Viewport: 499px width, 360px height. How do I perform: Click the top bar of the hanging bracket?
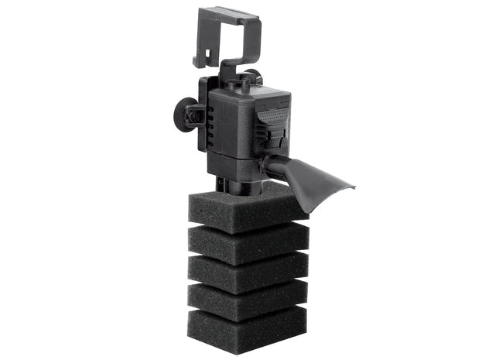click(228, 13)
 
